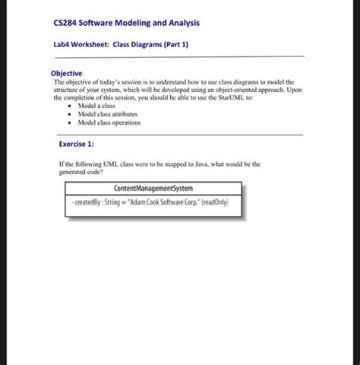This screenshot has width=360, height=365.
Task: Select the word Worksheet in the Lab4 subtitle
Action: pos(91,45)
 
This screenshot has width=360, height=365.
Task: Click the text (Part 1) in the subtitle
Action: pos(173,45)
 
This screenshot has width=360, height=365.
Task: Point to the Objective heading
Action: pos(67,73)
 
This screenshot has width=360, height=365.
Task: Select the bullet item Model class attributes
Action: pos(108,114)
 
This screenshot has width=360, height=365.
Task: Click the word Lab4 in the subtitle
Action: pos(63,45)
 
